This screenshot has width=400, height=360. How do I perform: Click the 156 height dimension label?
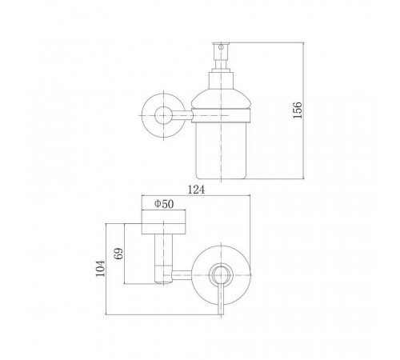coord(298,110)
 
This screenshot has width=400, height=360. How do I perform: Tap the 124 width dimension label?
coord(197,190)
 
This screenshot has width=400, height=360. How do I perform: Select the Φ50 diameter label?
coord(164,204)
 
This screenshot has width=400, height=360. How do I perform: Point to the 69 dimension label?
coord(118,254)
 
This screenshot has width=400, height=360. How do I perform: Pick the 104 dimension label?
coord(101,268)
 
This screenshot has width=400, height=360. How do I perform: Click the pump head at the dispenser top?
coord(221,51)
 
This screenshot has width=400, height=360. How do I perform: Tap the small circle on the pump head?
coord(221,47)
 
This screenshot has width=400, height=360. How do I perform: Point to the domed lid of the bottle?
coord(221,99)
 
